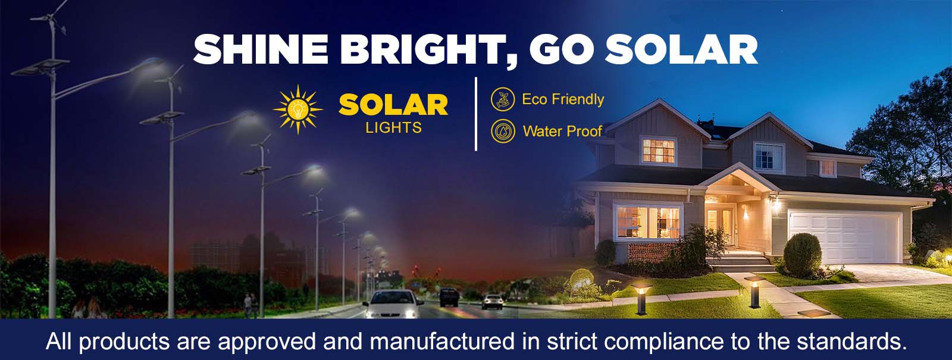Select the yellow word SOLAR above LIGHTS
point(393,105)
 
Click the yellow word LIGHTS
point(393,127)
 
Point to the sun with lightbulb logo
point(298,109)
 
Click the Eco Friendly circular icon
point(503,99)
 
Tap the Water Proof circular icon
point(503,131)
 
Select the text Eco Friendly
point(563,99)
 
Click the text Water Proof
point(562,131)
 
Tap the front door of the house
point(721,226)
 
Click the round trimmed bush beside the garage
point(803,255)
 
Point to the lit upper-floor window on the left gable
point(658,151)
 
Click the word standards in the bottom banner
point(851,342)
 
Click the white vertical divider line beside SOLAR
point(476,114)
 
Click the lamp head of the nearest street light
point(152,64)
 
